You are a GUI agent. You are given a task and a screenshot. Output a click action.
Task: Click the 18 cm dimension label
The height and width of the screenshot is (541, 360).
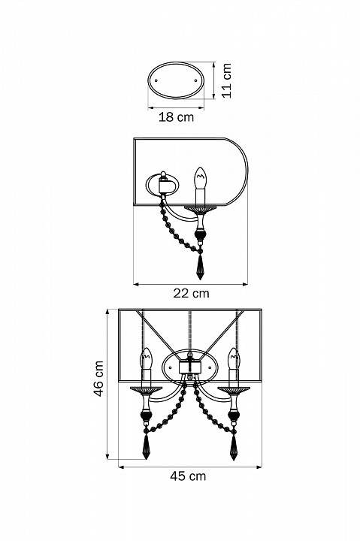[x=176, y=117]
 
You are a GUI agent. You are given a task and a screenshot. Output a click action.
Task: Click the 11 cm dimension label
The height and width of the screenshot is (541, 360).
[x=226, y=80]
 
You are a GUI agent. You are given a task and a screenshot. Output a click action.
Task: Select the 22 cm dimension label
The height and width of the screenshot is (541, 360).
[x=191, y=293]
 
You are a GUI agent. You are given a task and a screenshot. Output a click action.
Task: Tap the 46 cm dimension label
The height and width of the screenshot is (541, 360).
[x=99, y=379]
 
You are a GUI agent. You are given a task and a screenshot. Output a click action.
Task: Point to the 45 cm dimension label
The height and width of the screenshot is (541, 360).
[x=188, y=476]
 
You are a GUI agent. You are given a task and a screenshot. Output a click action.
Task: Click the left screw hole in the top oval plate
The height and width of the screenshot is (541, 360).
[x=156, y=80]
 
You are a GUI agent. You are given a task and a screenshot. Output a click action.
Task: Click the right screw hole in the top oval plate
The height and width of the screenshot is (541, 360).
[x=196, y=80]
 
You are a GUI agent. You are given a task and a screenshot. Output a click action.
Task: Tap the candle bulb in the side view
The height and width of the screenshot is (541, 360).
[x=200, y=178]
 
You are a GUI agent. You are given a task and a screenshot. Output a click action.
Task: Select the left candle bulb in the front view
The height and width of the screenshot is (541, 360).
[x=146, y=359]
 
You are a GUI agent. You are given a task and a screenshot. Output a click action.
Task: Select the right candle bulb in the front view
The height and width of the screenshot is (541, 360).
[x=234, y=359]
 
